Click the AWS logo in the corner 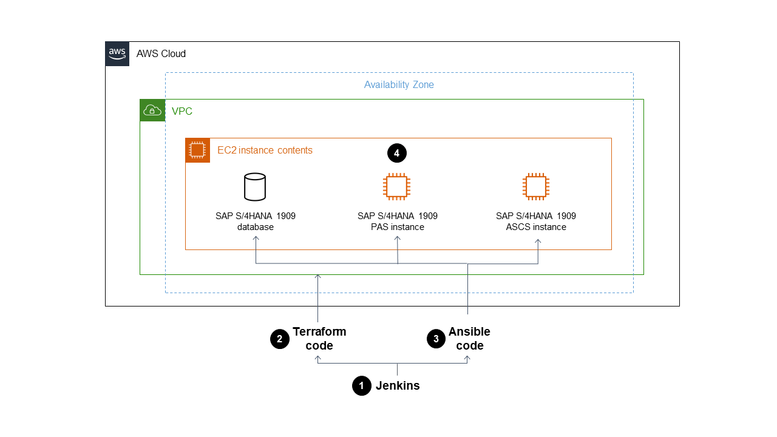pyautogui.click(x=117, y=53)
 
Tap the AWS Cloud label pyautogui.click(x=161, y=54)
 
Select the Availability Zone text pyautogui.click(x=399, y=85)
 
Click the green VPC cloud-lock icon pyautogui.click(x=152, y=110)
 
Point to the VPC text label pyautogui.click(x=182, y=112)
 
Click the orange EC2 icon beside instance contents pyautogui.click(x=197, y=150)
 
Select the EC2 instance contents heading pyautogui.click(x=265, y=151)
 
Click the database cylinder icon pyautogui.click(x=255, y=187)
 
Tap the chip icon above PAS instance pyautogui.click(x=396, y=187)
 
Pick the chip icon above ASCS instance pyautogui.click(x=535, y=187)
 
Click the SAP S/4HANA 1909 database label pyautogui.click(x=256, y=222)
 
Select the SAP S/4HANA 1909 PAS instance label pyautogui.click(x=398, y=222)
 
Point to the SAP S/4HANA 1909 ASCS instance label pyautogui.click(x=536, y=222)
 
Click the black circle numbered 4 pyautogui.click(x=397, y=154)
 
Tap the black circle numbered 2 pyautogui.click(x=280, y=339)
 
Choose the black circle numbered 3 pyautogui.click(x=436, y=339)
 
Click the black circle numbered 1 pyautogui.click(x=362, y=386)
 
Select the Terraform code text pyautogui.click(x=319, y=339)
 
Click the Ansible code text pyautogui.click(x=469, y=339)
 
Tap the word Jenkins pyautogui.click(x=398, y=385)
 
